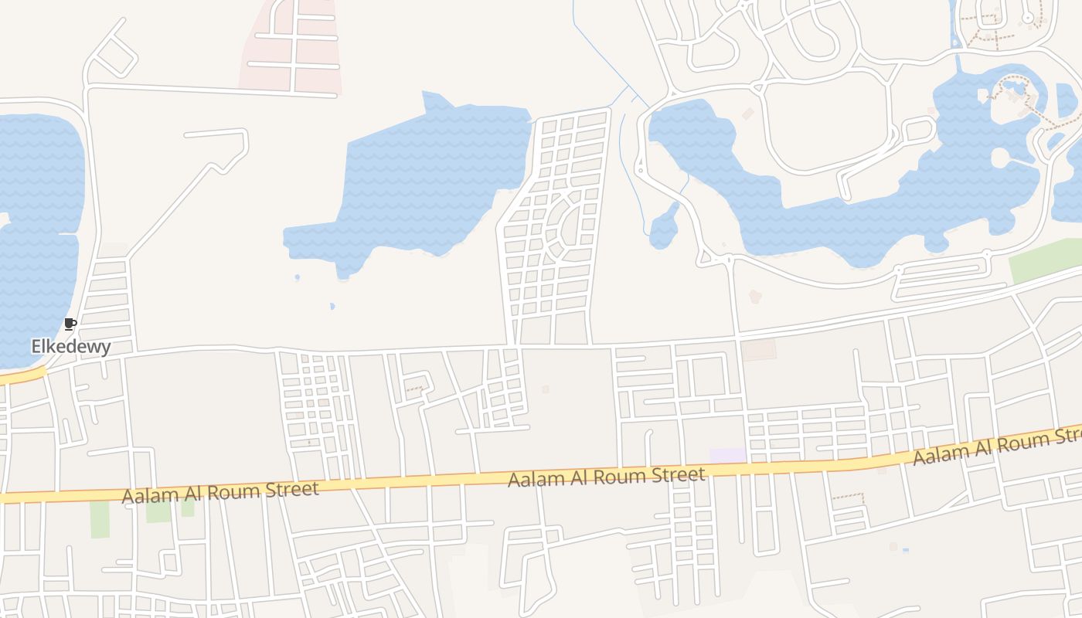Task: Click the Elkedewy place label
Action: pos(70,347)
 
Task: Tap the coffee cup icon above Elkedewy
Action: pos(70,324)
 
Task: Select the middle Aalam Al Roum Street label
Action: pos(607,477)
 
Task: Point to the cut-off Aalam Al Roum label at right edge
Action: pos(997,446)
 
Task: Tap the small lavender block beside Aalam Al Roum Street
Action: pos(727,456)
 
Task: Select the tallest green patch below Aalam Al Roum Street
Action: pos(100,519)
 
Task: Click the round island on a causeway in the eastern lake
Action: pos(1000,158)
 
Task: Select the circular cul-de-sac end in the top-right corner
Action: pos(1028,16)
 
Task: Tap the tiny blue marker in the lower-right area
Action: pos(905,551)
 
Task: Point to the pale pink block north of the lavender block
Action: pos(759,350)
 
